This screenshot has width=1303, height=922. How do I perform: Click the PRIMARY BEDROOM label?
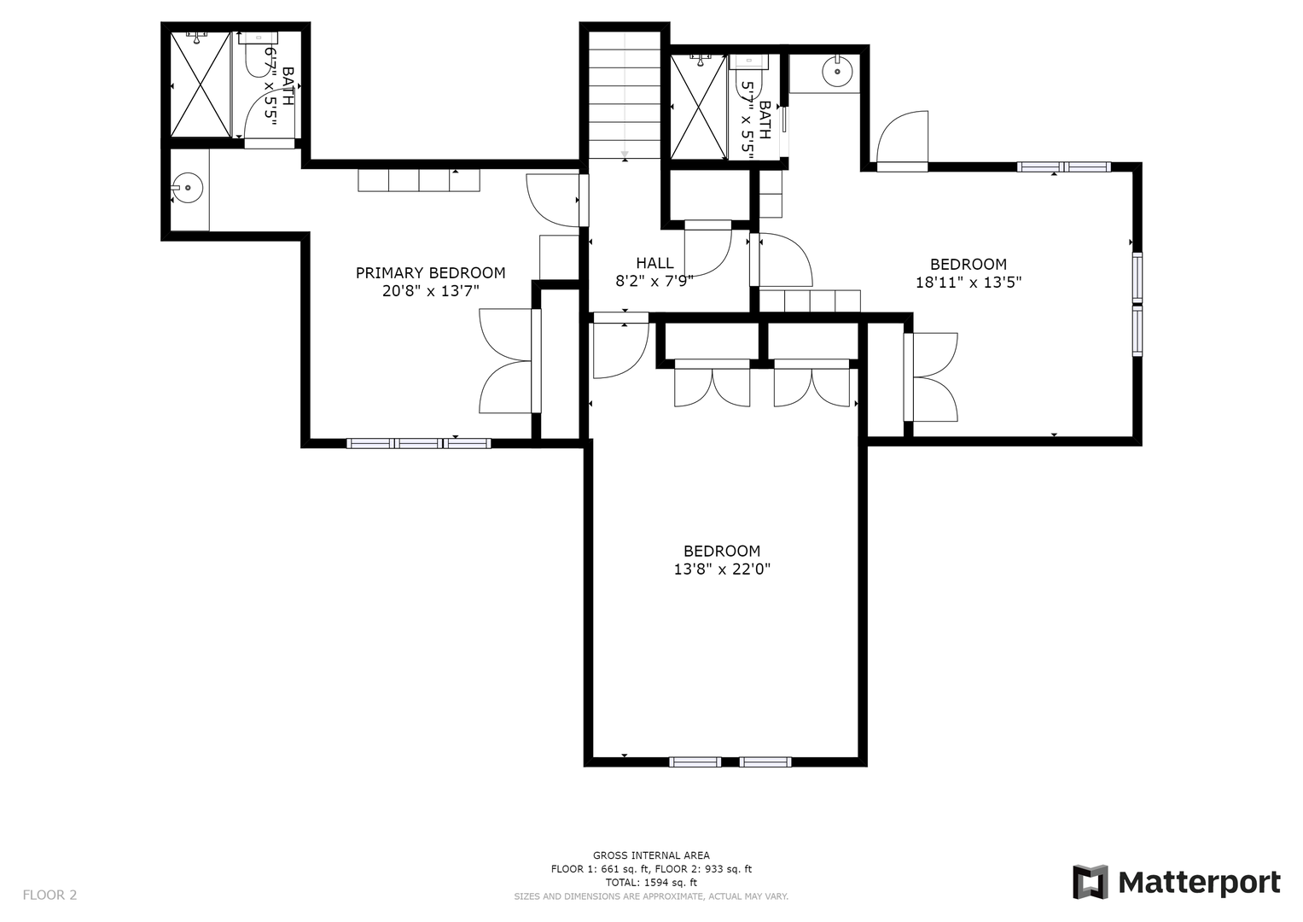click(430, 272)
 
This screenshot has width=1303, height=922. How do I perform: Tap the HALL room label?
click(654, 263)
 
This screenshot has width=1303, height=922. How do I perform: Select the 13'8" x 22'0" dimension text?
click(722, 569)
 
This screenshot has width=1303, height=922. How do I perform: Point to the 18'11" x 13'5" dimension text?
click(969, 283)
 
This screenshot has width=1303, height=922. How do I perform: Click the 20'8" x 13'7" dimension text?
click(430, 290)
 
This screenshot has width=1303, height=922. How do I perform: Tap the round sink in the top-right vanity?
click(837, 72)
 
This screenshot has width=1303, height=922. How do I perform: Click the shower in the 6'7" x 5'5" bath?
click(201, 85)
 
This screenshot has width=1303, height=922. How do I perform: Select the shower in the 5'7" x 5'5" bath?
click(699, 107)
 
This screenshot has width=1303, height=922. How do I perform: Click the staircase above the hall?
click(624, 95)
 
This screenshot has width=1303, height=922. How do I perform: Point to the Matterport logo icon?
click(1091, 882)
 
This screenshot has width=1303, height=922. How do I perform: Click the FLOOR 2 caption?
click(49, 895)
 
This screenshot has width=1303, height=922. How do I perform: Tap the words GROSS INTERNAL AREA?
click(651, 855)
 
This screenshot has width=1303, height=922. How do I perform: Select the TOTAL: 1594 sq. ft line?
click(651, 883)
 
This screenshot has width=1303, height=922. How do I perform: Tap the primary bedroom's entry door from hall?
click(553, 201)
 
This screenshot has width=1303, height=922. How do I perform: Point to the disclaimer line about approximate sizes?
click(651, 896)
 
